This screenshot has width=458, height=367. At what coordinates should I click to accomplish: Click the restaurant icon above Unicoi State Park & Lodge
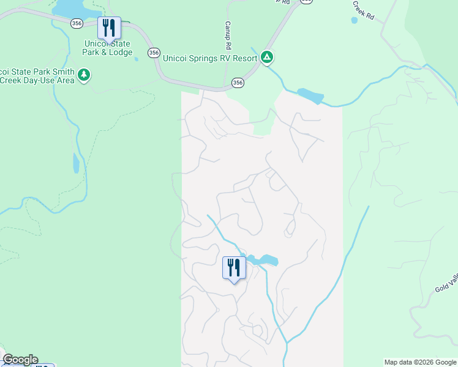(x=109, y=28)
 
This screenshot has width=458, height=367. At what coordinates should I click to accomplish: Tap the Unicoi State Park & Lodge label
(x=108, y=48)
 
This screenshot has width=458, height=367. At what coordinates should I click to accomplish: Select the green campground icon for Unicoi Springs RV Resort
(x=267, y=57)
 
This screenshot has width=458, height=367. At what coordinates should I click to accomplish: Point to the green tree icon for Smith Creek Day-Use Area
(x=84, y=76)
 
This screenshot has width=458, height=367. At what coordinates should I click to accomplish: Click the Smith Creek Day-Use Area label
(x=37, y=76)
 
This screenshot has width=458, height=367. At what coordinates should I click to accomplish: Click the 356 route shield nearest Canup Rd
(x=238, y=83)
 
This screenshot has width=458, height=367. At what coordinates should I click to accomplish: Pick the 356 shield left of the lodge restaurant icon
(x=77, y=23)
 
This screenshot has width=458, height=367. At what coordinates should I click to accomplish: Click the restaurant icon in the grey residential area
(x=234, y=268)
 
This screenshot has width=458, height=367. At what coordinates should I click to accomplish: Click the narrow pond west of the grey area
(x=76, y=163)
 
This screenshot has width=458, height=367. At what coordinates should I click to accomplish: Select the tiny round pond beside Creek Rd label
(x=355, y=20)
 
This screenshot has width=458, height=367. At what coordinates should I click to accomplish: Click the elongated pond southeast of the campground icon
(x=310, y=96)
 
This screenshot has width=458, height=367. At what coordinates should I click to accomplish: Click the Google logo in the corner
(x=20, y=360)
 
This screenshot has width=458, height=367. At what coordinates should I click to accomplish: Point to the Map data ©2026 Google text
(x=420, y=362)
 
